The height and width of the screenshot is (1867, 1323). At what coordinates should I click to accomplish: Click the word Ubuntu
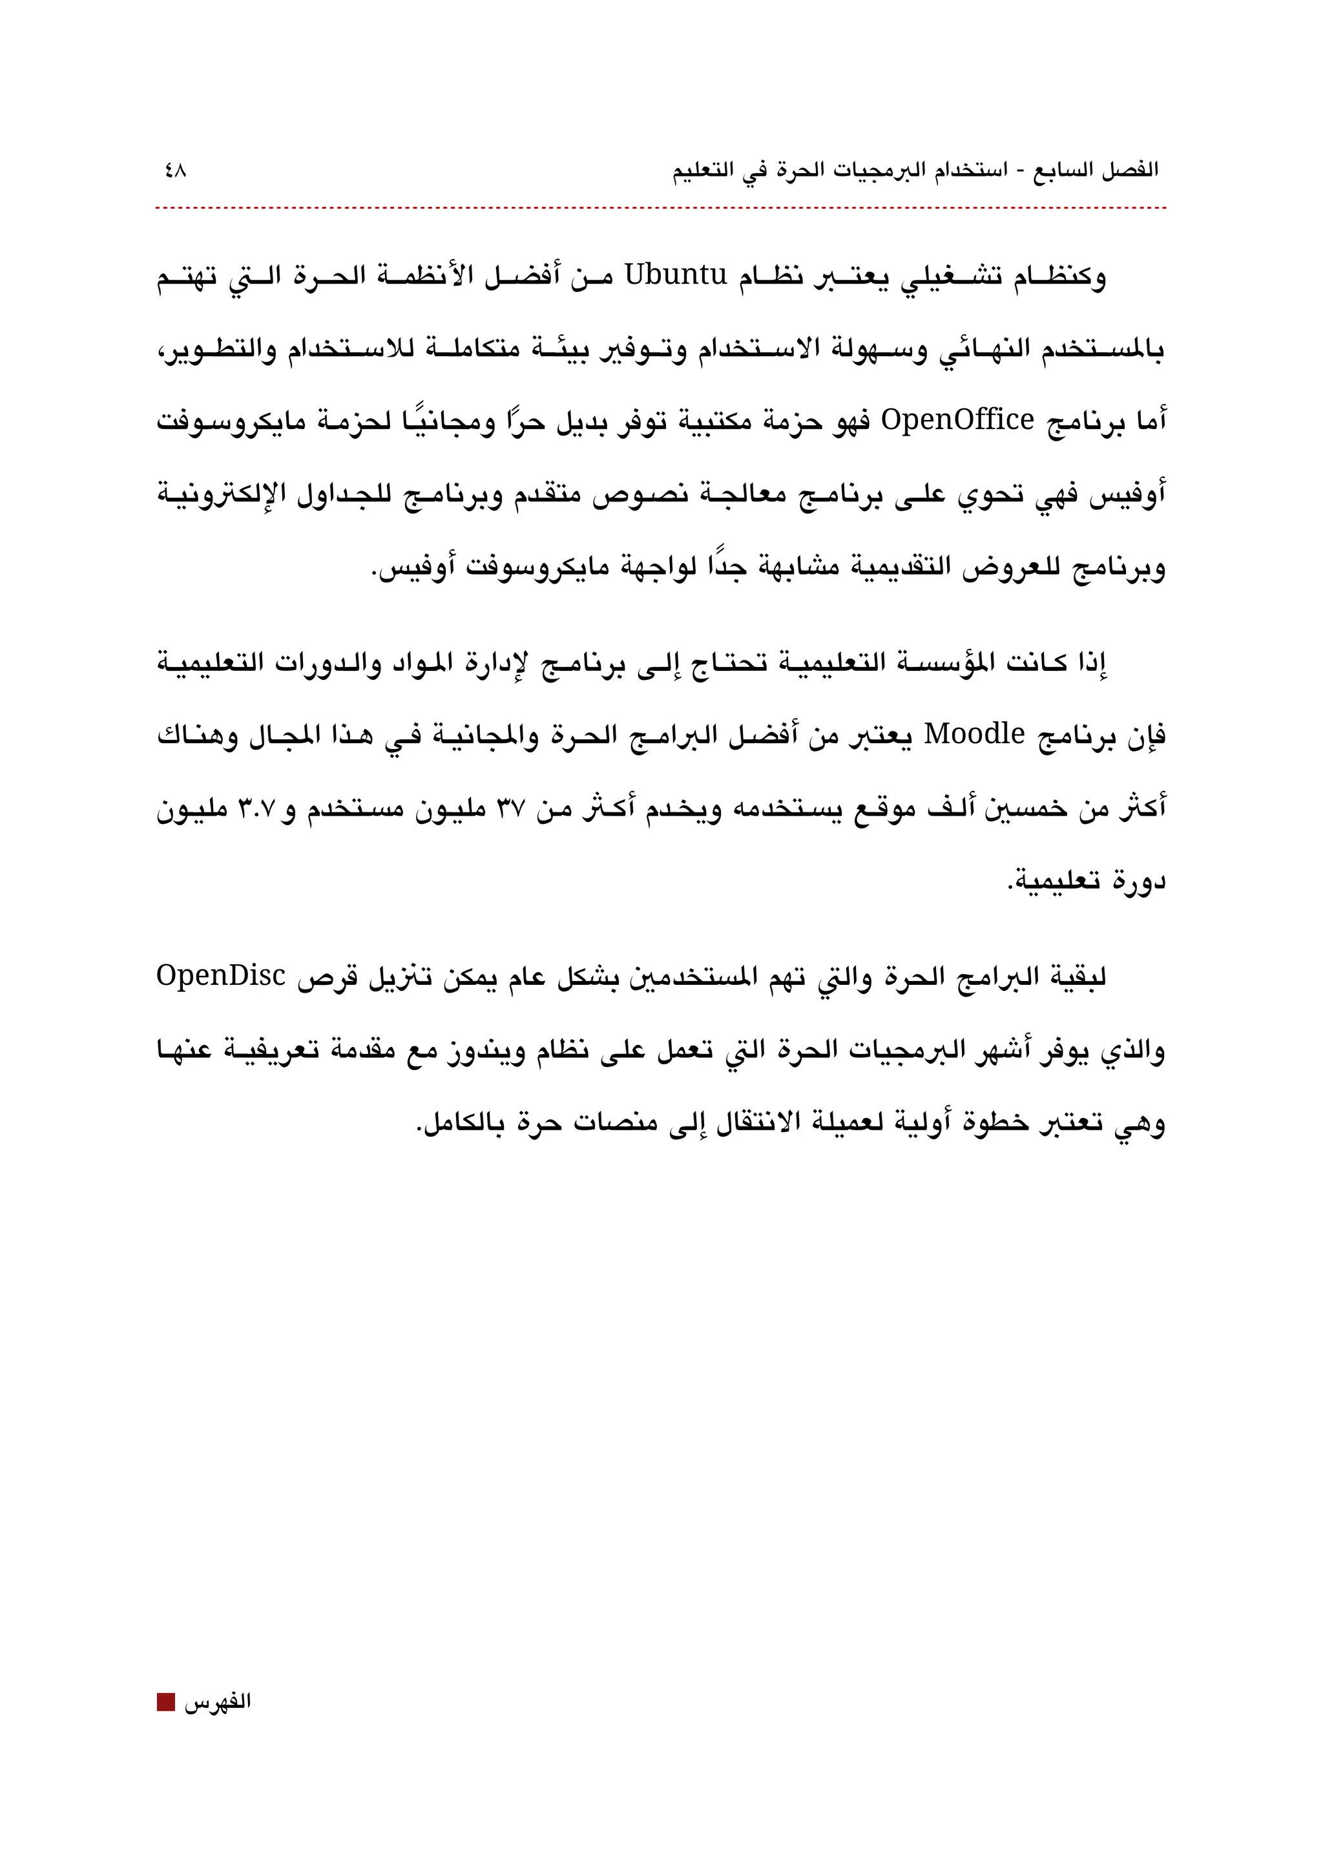675,275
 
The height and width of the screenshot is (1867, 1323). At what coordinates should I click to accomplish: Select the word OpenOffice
958,421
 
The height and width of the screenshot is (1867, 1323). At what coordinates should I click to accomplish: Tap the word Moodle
974,734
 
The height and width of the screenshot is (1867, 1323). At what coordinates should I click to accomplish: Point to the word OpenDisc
221,975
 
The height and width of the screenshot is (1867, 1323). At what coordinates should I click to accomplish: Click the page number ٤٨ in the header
174,171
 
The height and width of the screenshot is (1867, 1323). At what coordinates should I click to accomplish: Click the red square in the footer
166,1702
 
